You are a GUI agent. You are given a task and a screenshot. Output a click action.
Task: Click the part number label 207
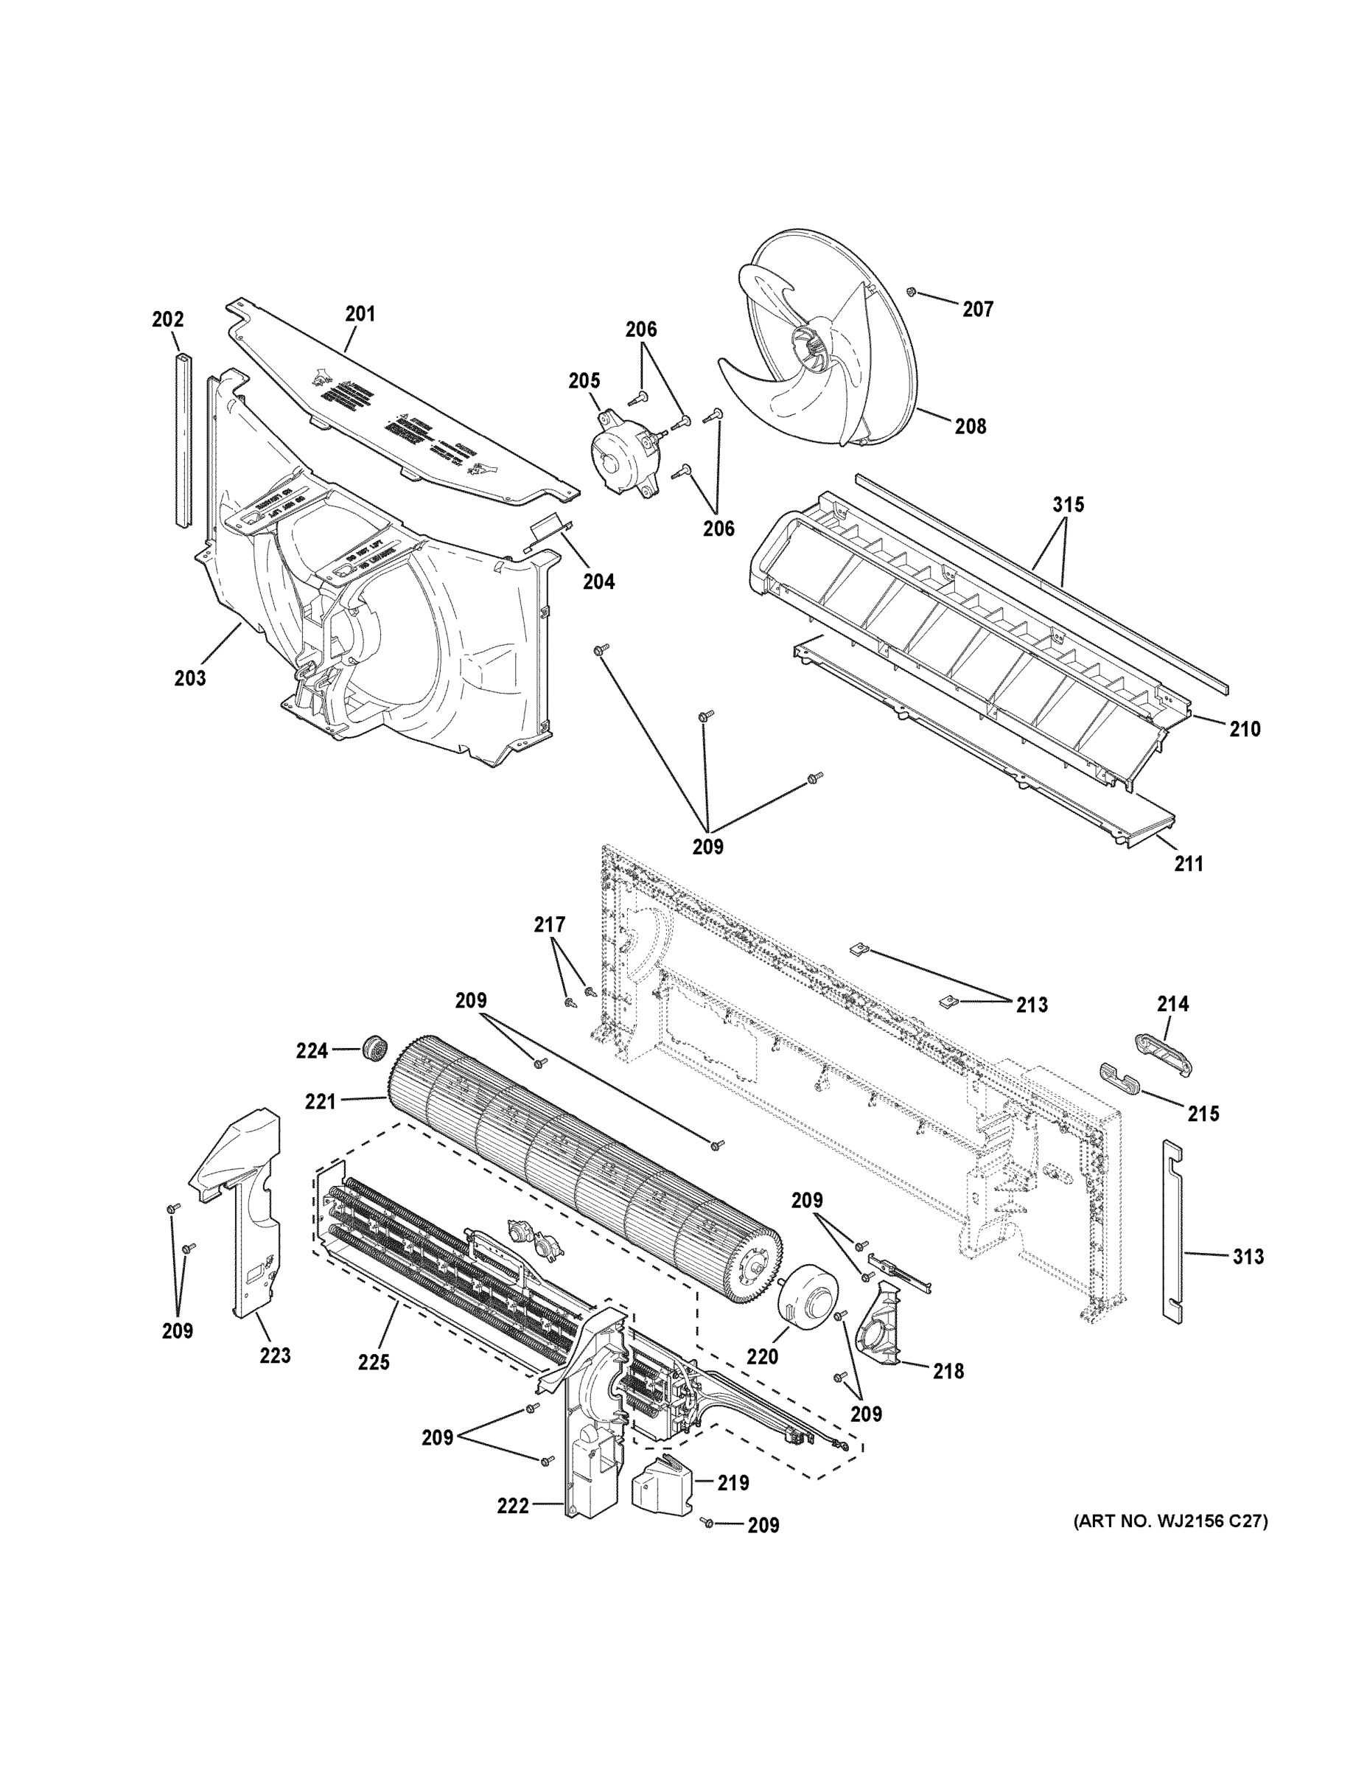coord(977,309)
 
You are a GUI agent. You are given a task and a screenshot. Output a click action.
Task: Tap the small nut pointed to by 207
coord(911,291)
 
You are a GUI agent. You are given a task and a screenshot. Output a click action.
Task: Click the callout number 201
coord(360,313)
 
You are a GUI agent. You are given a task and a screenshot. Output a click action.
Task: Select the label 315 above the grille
coord(1068,505)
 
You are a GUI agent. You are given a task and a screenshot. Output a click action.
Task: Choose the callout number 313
coord(1248,1256)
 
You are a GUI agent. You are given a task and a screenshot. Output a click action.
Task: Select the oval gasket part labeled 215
coord(1119,1078)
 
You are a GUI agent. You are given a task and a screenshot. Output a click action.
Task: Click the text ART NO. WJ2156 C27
coord(1170,1522)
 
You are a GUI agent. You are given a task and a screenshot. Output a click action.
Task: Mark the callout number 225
coord(374,1362)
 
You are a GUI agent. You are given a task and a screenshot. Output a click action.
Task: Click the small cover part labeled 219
coord(662,1484)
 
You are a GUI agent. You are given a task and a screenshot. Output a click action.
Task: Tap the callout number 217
coord(549,924)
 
